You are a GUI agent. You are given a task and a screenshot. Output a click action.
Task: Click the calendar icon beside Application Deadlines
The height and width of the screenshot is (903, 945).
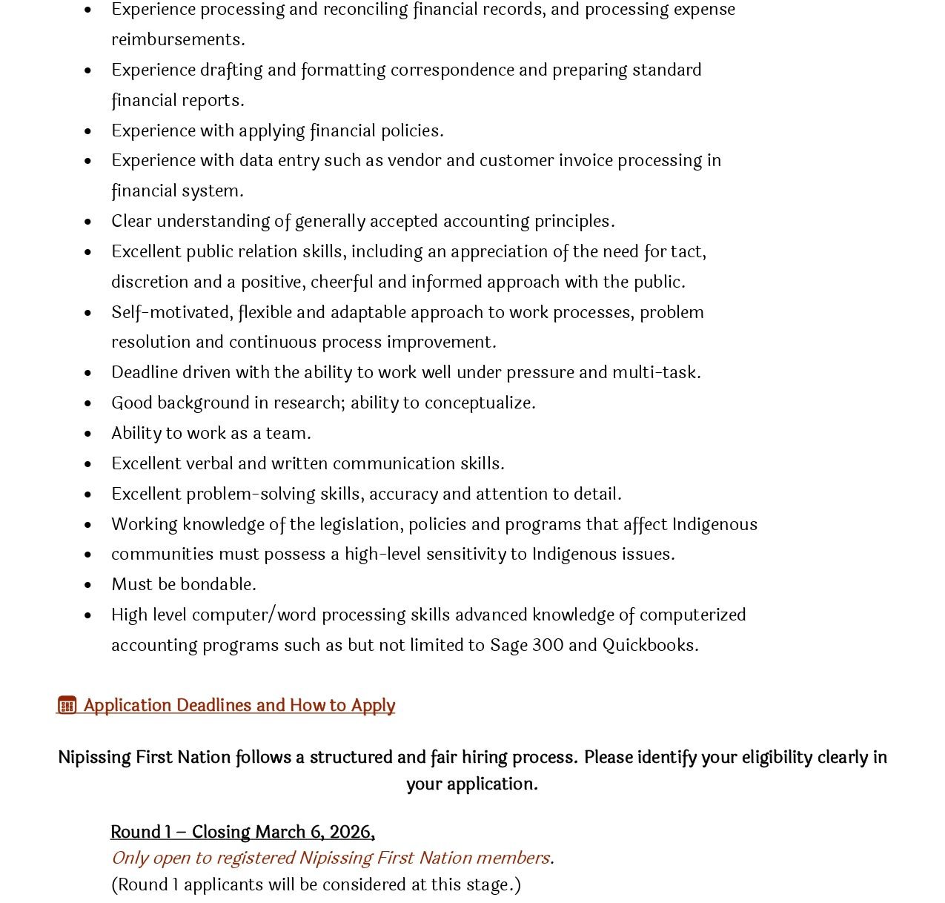click(x=67, y=705)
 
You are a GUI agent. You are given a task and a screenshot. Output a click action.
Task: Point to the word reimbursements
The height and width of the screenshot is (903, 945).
click(x=177, y=39)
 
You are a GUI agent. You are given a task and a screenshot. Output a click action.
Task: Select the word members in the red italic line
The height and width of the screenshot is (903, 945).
click(x=512, y=858)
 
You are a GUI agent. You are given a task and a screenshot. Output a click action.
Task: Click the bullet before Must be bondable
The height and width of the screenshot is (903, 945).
click(x=88, y=585)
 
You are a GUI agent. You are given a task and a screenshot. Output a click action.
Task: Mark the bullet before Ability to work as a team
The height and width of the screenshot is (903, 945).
click(x=88, y=434)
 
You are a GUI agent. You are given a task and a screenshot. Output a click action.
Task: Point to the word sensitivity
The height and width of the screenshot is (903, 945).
click(x=460, y=554)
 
